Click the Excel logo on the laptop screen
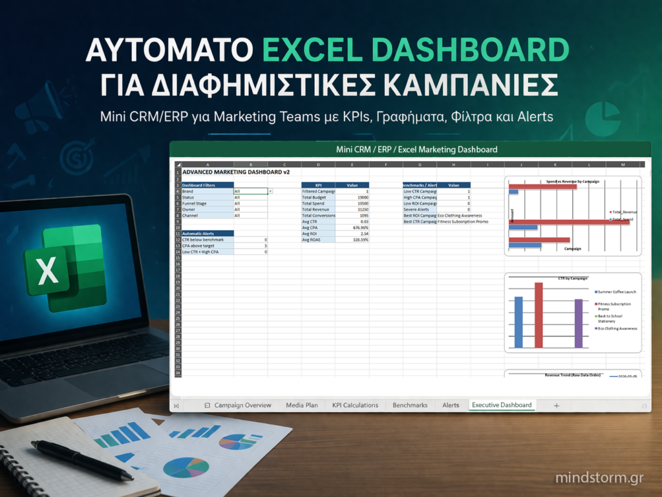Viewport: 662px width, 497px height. click(x=65, y=269)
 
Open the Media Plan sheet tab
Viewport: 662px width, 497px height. click(x=302, y=405)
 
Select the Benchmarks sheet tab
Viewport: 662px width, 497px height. click(x=410, y=405)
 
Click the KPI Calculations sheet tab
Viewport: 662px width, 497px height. click(x=355, y=405)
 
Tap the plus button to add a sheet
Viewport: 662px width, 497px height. click(x=556, y=405)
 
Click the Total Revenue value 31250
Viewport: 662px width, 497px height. click(x=362, y=210)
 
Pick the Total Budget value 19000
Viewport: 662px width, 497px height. click(x=362, y=197)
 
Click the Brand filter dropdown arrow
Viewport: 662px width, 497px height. click(x=270, y=192)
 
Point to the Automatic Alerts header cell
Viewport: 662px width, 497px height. click(x=204, y=233)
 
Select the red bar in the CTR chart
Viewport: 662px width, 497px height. click(x=539, y=315)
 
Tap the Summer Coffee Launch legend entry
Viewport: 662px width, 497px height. click(x=617, y=293)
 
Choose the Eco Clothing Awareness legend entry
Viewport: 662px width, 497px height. click(x=617, y=329)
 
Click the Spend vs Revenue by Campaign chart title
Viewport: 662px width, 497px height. click(x=572, y=181)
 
